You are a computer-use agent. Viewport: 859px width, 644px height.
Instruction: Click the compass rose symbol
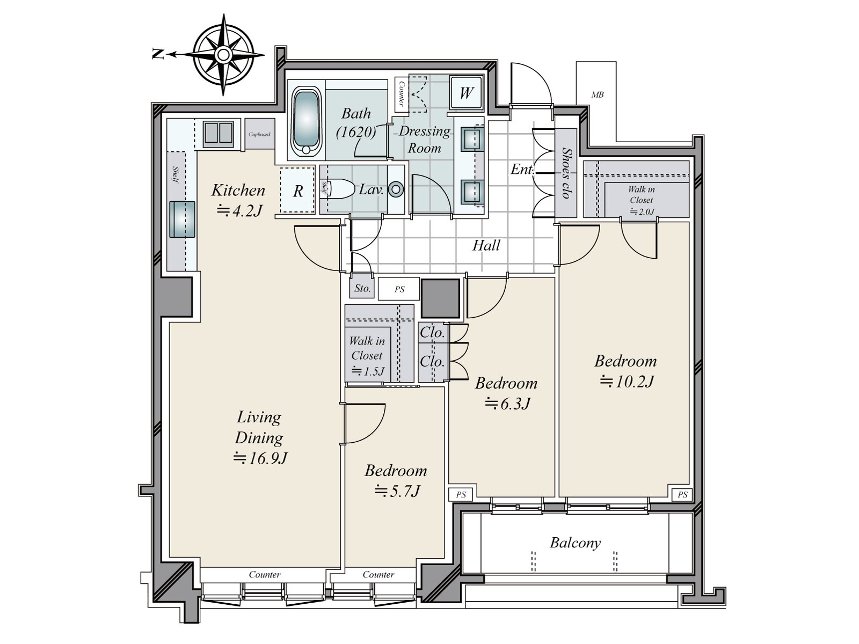pyautogui.click(x=223, y=54)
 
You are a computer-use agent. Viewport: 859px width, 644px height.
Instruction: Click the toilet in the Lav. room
pyautogui.click(x=341, y=189)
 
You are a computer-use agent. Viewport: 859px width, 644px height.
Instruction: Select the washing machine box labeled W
pyautogui.click(x=466, y=93)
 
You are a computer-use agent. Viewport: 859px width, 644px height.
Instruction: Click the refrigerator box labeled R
pyautogui.click(x=298, y=191)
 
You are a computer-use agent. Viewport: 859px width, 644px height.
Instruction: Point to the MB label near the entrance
pyautogui.click(x=598, y=94)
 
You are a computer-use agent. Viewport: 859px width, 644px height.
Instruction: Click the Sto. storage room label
pyautogui.click(x=362, y=289)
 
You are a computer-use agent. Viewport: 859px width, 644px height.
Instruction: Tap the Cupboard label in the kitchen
pyautogui.click(x=260, y=134)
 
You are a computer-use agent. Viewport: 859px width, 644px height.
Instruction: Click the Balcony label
pyautogui.click(x=575, y=543)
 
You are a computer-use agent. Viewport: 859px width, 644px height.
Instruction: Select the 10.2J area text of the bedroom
pyautogui.click(x=627, y=382)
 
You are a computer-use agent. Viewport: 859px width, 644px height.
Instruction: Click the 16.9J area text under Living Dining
pyautogui.click(x=261, y=458)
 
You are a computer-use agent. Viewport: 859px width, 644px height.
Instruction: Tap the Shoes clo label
pyautogui.click(x=565, y=173)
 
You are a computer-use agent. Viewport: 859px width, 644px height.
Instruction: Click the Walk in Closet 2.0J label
pyautogui.click(x=642, y=200)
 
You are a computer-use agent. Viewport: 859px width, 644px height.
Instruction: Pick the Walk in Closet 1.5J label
pyautogui.click(x=367, y=355)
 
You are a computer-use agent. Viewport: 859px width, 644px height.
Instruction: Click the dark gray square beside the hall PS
pyautogui.click(x=440, y=298)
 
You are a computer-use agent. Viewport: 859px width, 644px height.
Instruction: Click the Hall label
pyautogui.click(x=486, y=246)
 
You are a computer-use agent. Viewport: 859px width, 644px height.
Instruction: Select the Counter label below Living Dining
pyautogui.click(x=265, y=575)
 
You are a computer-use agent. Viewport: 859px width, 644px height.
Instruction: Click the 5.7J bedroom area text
pyautogui.click(x=397, y=491)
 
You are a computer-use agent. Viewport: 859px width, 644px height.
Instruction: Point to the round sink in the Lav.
pyautogui.click(x=396, y=189)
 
